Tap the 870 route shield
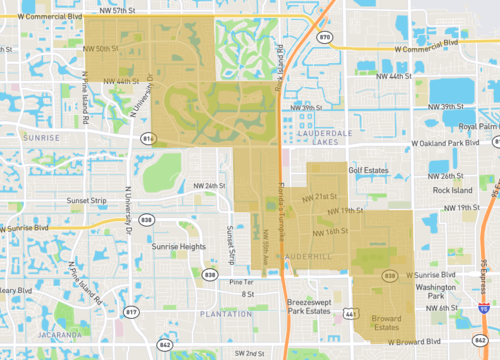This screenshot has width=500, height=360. [x=324, y=36]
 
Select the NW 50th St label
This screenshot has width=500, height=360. [x=103, y=47]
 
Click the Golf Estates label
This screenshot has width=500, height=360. [x=367, y=170]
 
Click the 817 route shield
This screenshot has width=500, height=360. [x=131, y=311]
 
